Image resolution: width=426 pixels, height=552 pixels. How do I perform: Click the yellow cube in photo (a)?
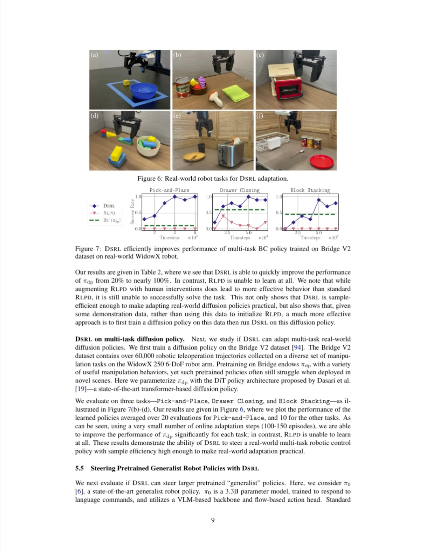[x=126, y=82]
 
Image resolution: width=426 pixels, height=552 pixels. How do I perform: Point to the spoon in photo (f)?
[x=297, y=154]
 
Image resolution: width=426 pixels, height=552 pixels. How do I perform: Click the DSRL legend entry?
[x=102, y=206]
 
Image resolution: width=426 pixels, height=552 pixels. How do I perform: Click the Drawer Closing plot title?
[x=240, y=190]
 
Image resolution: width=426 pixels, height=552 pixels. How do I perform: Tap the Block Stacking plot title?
[x=310, y=190]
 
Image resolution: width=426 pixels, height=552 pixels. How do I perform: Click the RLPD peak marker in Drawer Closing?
[x=223, y=216]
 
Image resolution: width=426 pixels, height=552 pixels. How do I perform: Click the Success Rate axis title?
[x=132, y=212]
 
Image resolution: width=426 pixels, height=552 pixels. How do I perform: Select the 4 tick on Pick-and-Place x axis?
[x=175, y=233]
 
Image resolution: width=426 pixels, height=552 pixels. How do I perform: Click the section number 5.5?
[x=80, y=468]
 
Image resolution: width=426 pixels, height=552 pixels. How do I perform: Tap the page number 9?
[x=213, y=520]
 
